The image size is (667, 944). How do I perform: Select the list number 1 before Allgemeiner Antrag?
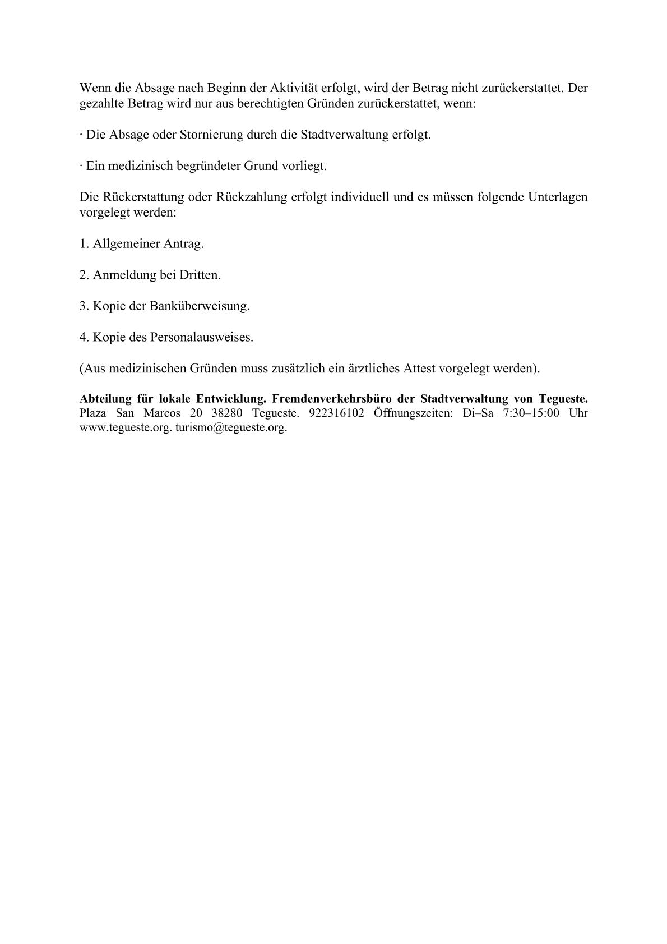tap(84, 244)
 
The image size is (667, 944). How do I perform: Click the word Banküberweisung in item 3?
tap(199, 306)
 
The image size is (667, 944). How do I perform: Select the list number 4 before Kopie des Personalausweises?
tap(84, 337)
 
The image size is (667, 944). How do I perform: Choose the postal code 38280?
tap(227, 413)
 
